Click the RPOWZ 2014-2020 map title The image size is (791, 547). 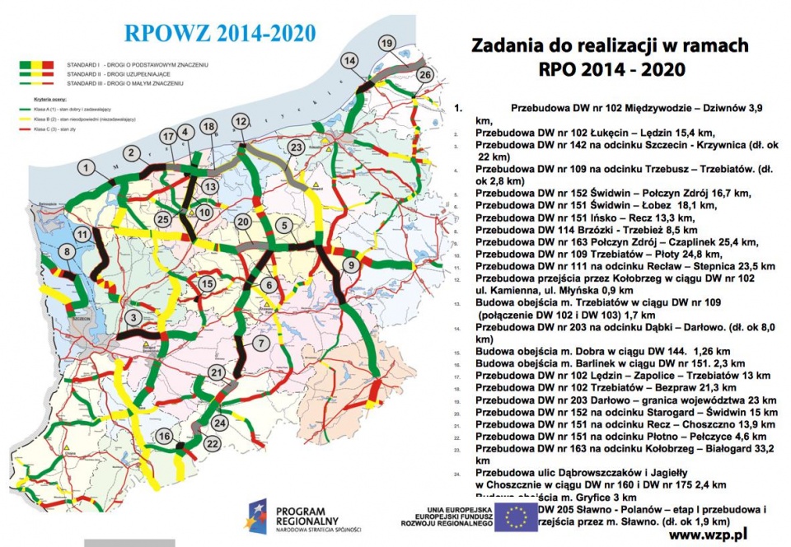click(x=219, y=34)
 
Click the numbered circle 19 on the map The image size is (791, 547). click(x=386, y=43)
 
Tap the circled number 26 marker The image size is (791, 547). click(x=424, y=74)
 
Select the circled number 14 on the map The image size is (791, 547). click(x=350, y=61)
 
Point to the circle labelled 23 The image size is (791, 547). click(x=297, y=147)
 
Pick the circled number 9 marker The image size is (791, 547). click(x=351, y=264)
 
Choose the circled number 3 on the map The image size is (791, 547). click(x=133, y=317)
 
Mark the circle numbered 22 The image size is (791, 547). click(x=212, y=442)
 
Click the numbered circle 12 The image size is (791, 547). click(x=241, y=121)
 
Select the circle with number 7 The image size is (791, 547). click(x=260, y=343)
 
